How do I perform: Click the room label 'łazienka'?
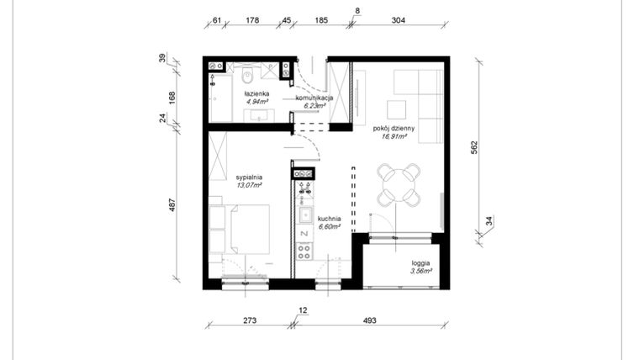point(256,93)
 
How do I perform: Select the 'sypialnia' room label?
point(251,177)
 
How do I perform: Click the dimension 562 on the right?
point(474,146)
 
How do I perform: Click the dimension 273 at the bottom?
point(250,320)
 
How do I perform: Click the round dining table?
point(399,184)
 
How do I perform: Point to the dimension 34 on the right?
point(489,222)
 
